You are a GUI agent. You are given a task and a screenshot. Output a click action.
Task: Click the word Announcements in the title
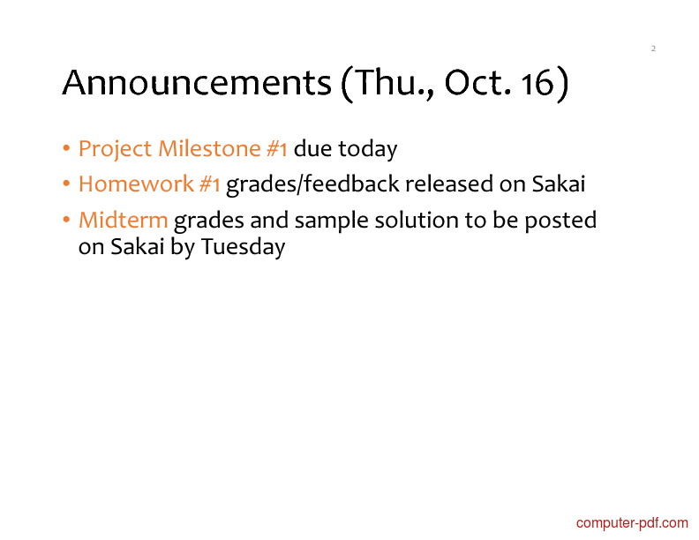click(x=197, y=83)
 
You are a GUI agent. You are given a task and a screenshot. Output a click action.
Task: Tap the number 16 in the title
click(x=537, y=83)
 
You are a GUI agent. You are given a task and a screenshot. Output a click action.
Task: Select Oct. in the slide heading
click(x=477, y=83)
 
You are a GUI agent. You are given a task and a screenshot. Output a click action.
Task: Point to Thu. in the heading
click(x=387, y=84)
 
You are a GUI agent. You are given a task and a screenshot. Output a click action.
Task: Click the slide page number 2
click(x=653, y=49)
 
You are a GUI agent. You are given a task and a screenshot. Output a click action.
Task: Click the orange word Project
click(x=115, y=149)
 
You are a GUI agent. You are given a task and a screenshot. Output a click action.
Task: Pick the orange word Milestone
click(x=209, y=148)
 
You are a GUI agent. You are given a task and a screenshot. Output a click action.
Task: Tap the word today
click(x=368, y=149)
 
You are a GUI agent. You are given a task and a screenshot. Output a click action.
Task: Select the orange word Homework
click(x=136, y=184)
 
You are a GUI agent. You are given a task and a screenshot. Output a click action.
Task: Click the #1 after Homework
click(x=210, y=184)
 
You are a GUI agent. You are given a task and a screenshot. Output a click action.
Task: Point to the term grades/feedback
click(x=312, y=184)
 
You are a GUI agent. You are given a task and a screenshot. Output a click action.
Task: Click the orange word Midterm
click(x=123, y=220)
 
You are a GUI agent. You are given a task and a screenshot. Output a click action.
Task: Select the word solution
click(x=417, y=220)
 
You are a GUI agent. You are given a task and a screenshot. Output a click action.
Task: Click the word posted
click(x=560, y=221)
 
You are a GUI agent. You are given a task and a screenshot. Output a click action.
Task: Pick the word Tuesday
click(x=243, y=247)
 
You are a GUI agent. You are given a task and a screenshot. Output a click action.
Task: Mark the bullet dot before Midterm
click(x=66, y=220)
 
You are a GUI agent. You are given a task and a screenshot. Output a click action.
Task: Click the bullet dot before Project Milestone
click(x=66, y=148)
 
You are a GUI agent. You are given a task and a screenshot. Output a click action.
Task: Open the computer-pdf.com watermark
click(x=632, y=523)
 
